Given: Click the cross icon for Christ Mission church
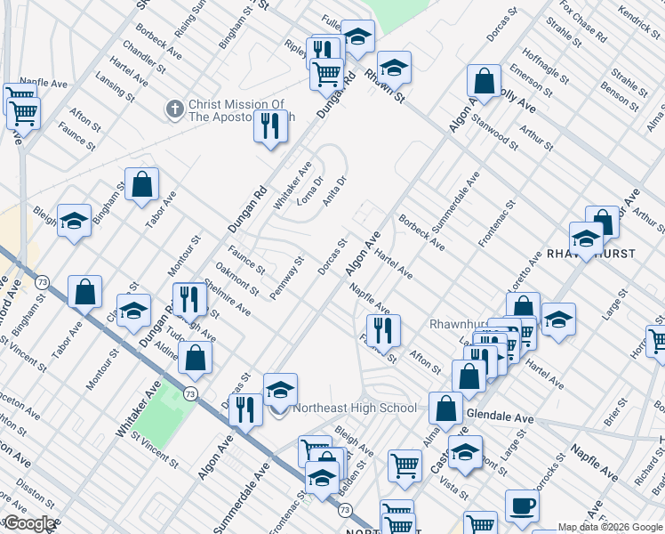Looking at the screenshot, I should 174,109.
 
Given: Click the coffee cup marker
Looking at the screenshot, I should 522,506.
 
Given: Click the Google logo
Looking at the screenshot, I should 28,523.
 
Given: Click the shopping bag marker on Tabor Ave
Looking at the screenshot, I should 141,185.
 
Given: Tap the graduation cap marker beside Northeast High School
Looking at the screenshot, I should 280,390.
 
